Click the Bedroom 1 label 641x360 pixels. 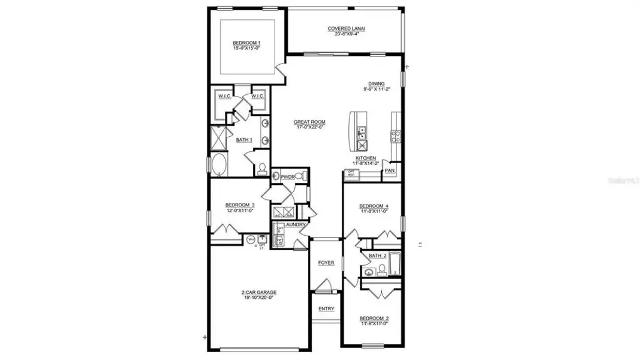(x=246, y=43)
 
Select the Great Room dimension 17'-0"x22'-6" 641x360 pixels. (x=309, y=127)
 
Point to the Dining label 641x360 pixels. (x=377, y=84)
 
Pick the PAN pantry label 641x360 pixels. (x=389, y=170)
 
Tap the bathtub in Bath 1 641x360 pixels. (x=219, y=164)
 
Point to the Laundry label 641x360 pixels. (x=296, y=224)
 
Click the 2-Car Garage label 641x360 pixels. (x=259, y=293)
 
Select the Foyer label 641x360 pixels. (x=326, y=263)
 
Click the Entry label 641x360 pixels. (x=326, y=309)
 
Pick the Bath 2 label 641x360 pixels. (x=377, y=256)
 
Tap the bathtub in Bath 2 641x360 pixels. (x=395, y=265)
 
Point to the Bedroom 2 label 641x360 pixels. (x=374, y=318)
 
